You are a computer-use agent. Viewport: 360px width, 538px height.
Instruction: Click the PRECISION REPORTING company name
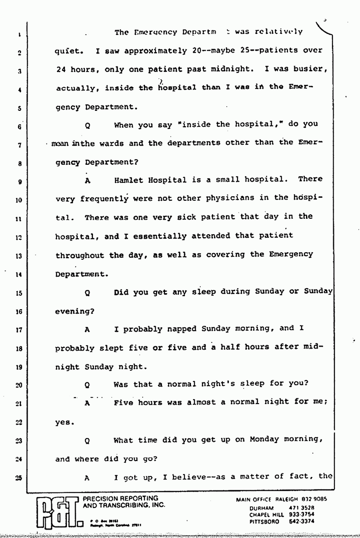click(121, 499)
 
